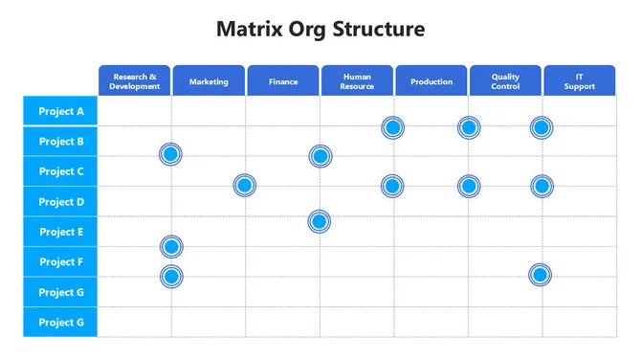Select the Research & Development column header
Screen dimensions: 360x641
pos(135,80)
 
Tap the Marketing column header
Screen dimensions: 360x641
pos(209,81)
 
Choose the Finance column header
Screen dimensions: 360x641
pos(283,81)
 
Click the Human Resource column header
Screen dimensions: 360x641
pos(357,80)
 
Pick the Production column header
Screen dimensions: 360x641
pos(431,81)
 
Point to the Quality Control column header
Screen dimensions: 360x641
pos(505,80)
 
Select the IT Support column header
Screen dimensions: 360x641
pos(579,80)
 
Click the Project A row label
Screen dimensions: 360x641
pos(61,111)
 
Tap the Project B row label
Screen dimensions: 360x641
pos(61,142)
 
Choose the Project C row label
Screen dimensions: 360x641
pos(61,171)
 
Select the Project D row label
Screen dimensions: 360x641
pos(61,202)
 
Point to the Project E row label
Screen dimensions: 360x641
pos(61,232)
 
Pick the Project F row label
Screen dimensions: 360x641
pos(61,261)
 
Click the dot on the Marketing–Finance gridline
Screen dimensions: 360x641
pos(245,186)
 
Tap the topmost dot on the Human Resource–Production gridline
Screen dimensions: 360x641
pos(392,127)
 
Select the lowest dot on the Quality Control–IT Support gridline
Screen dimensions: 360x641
pos(541,275)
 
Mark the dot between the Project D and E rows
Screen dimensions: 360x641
pos(320,221)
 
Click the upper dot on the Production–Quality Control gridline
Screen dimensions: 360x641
pos(468,127)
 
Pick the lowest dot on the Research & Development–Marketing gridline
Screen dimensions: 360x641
pos(171,277)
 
